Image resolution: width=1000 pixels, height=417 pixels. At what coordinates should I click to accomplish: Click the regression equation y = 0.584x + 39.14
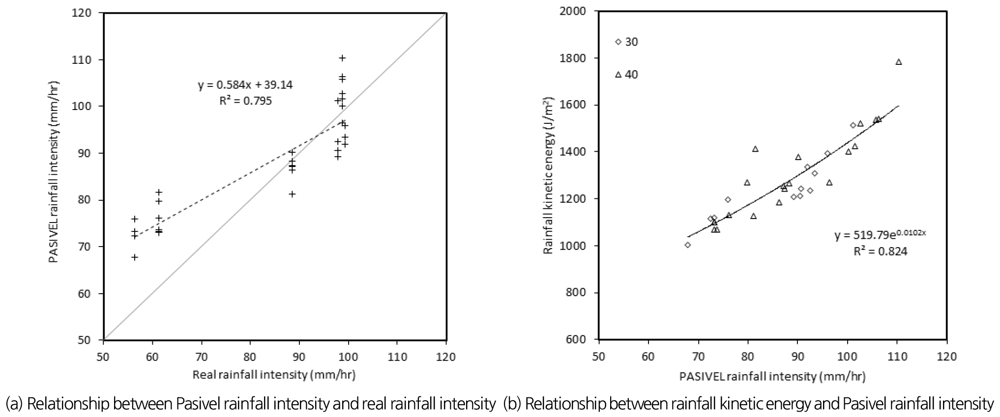point(245,85)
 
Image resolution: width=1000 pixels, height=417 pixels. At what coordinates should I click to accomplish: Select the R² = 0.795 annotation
point(245,101)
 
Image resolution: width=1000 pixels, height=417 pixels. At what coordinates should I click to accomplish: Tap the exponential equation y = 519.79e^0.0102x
point(880,235)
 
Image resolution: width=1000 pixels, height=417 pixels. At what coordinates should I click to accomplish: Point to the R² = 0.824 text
point(880,251)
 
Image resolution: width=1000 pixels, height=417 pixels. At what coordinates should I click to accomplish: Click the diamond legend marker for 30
point(618,42)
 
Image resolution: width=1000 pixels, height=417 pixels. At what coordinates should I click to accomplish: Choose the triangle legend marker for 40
point(618,75)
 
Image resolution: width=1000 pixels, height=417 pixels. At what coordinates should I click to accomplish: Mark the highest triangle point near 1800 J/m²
point(899,62)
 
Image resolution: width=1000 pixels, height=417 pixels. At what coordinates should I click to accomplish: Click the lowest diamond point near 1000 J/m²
point(687,245)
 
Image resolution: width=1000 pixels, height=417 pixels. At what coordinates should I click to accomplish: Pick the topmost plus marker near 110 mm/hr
point(342,58)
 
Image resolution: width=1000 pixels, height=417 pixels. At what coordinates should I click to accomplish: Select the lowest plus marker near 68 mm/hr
point(135,257)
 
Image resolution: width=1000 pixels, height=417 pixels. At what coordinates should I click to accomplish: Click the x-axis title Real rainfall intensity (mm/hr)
point(274,375)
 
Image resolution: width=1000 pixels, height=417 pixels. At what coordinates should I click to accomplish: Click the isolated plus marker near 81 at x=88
point(292,194)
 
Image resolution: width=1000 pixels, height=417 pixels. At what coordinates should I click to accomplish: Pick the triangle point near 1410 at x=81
point(755,149)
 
